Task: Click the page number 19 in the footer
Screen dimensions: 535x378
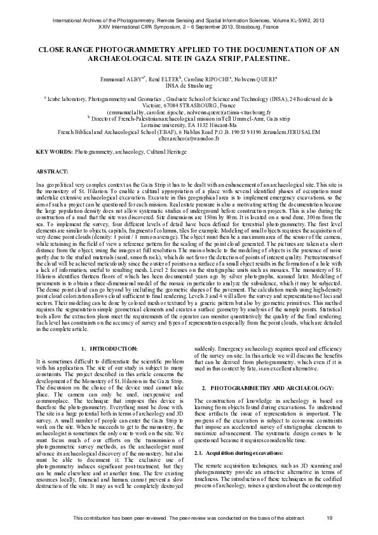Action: tap(330, 520)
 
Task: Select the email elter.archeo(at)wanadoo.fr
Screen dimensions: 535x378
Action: tap(189, 137)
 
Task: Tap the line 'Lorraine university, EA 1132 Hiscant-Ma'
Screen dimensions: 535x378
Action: tap(189, 125)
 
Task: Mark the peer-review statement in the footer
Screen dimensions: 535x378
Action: tap(188, 520)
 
